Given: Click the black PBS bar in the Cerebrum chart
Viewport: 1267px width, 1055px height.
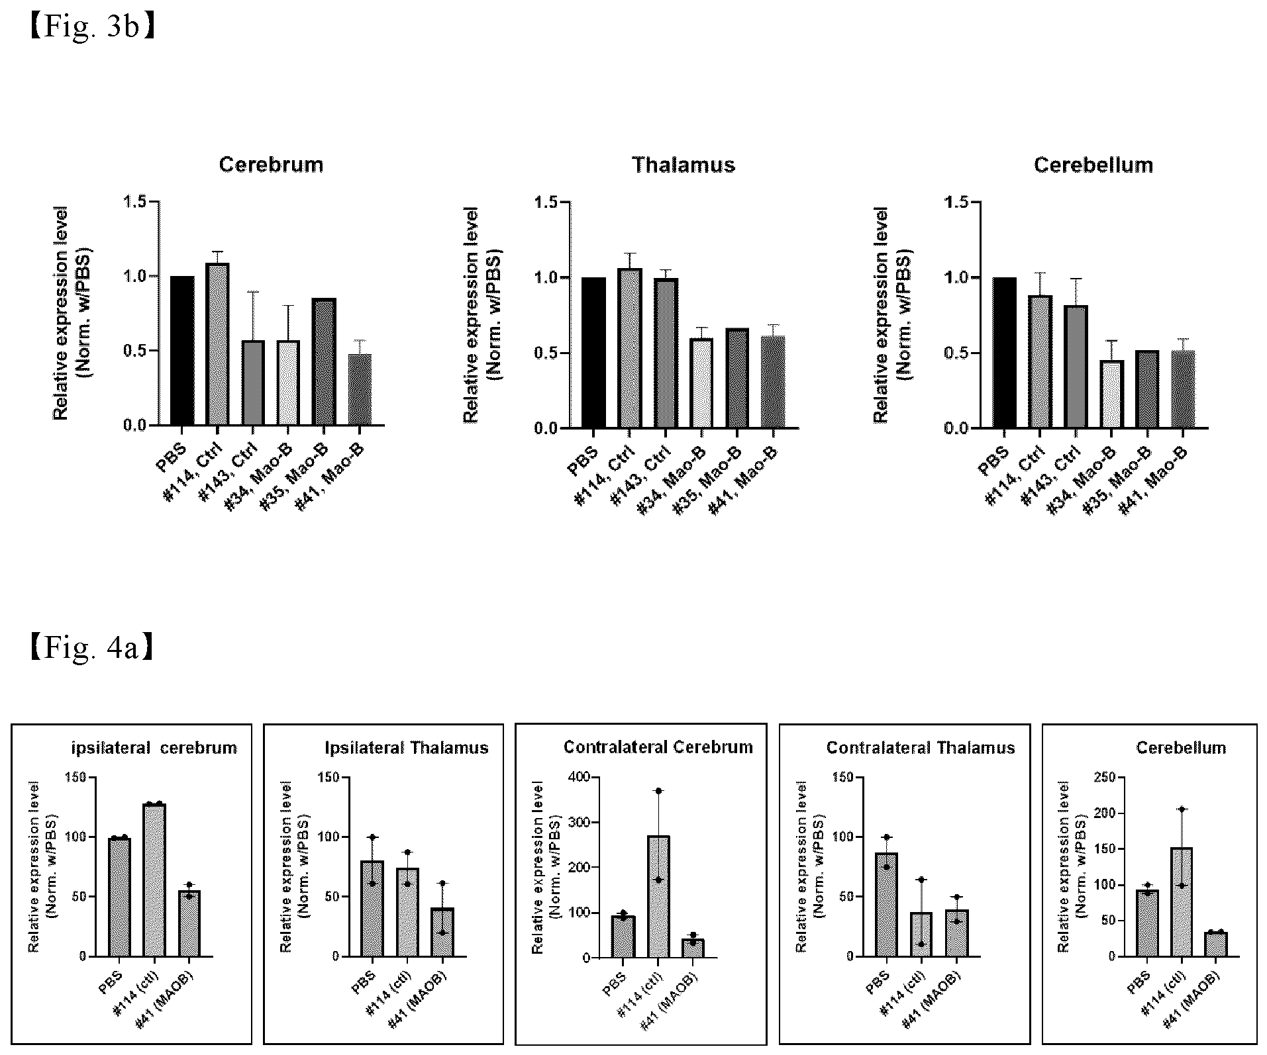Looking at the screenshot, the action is (182, 351).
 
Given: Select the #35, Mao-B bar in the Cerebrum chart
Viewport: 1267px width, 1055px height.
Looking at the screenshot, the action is (324, 361).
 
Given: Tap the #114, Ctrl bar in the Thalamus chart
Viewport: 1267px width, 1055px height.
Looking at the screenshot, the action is (630, 348).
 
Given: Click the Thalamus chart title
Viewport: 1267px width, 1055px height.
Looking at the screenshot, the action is (684, 165).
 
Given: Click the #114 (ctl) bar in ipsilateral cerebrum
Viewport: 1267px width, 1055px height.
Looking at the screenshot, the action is (154, 880).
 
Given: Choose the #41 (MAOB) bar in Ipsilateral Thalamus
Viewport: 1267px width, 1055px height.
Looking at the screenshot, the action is (442, 932).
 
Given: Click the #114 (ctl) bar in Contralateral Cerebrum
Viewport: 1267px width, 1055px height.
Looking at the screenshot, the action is (658, 896).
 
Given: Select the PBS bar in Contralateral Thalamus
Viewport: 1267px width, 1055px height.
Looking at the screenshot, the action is (886, 904).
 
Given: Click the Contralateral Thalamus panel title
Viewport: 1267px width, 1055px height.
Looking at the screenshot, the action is (921, 748).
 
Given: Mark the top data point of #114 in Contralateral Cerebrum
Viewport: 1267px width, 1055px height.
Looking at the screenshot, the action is (658, 791).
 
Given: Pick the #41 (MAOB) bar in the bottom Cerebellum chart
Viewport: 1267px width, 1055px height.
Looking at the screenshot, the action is (1216, 944).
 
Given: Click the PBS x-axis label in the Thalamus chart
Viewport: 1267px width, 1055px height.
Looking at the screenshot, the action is (583, 461).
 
